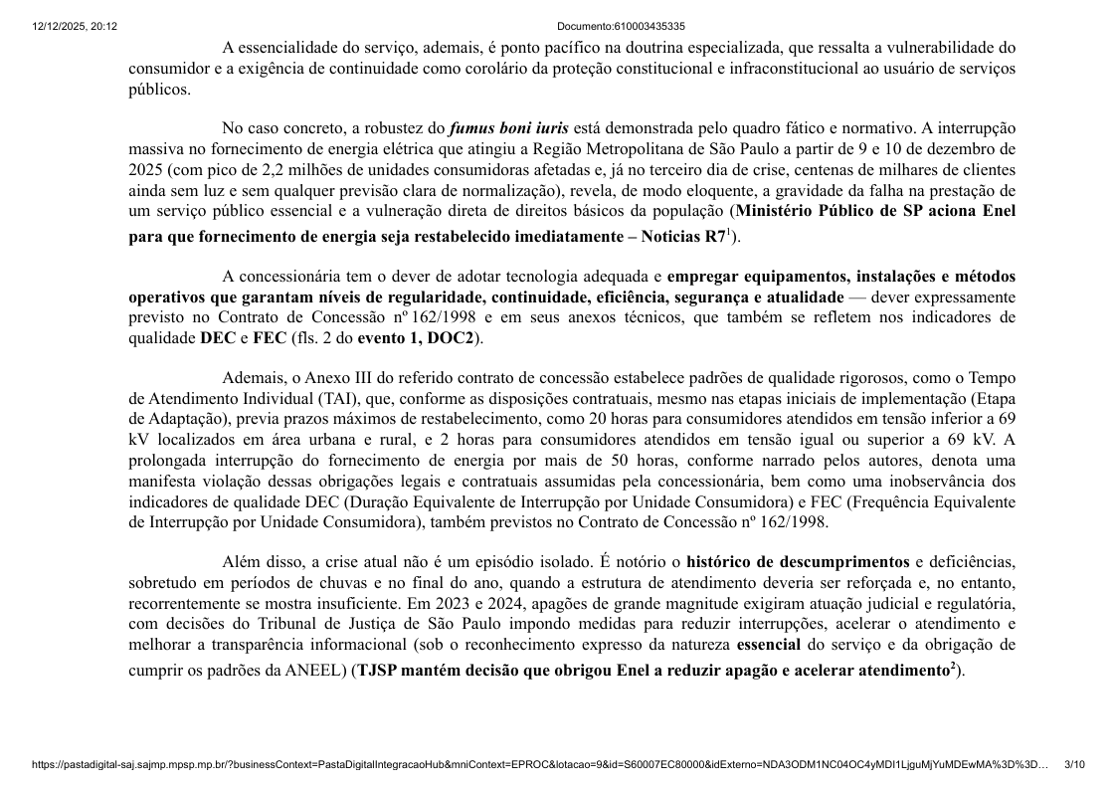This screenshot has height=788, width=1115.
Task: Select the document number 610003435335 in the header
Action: click(621, 26)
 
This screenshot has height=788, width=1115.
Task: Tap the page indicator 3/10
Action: click(1074, 764)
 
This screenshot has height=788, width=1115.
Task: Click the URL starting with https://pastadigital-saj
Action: click(537, 764)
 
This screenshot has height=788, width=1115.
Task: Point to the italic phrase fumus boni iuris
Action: click(508, 128)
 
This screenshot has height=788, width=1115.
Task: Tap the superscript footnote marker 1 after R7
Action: click(728, 233)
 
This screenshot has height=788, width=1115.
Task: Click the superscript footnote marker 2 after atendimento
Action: click(951, 667)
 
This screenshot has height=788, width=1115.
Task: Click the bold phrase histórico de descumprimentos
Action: click(798, 562)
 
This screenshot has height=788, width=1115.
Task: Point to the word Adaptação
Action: click(183, 419)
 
